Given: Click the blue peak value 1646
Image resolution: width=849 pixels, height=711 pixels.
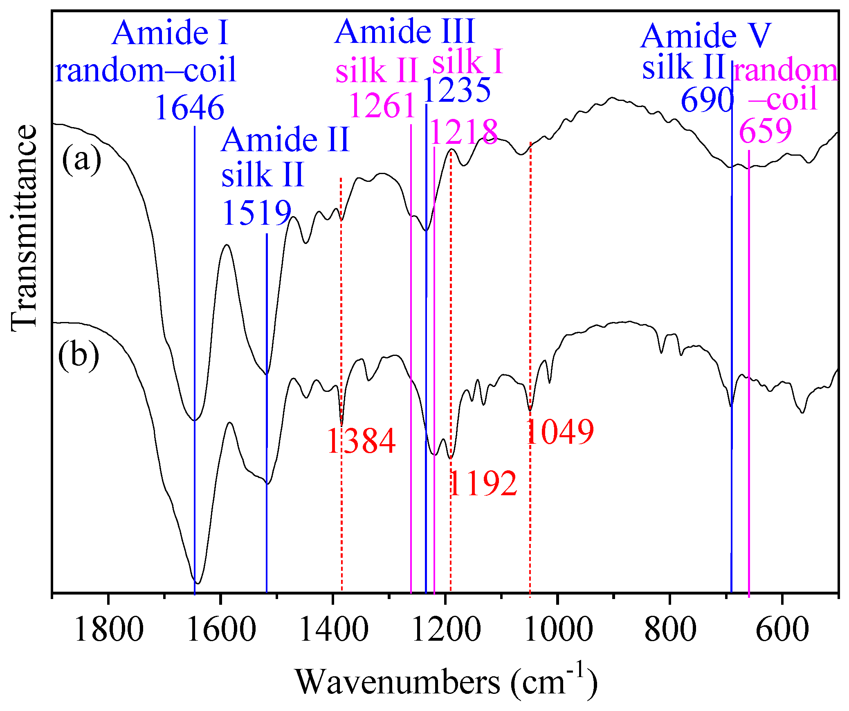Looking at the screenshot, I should pyautogui.click(x=190, y=107).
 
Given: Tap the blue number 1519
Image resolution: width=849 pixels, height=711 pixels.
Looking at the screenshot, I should pyautogui.click(x=256, y=213).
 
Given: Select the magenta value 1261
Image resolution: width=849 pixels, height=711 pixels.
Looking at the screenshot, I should pyautogui.click(x=382, y=106).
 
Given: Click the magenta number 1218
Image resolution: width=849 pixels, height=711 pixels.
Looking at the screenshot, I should pyautogui.click(x=464, y=132).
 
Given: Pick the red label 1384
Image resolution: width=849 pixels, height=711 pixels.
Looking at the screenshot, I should pyautogui.click(x=362, y=441).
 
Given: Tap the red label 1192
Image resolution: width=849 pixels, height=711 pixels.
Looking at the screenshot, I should pyautogui.click(x=483, y=483).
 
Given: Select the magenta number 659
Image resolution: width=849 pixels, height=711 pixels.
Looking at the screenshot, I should pyautogui.click(x=766, y=131).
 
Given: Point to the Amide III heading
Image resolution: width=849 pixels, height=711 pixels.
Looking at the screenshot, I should pyautogui.click(x=405, y=31).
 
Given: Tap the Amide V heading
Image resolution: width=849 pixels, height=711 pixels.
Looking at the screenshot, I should pyautogui.click(x=706, y=36).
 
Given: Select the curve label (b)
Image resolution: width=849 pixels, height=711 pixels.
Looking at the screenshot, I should pyautogui.click(x=79, y=355).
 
